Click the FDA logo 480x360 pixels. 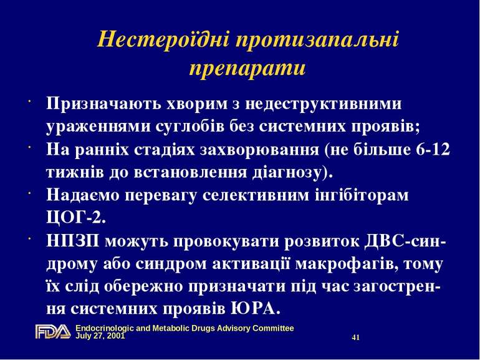point(53,332)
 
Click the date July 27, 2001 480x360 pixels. point(100,335)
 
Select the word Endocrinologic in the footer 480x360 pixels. point(102,328)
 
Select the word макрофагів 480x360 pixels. point(353,263)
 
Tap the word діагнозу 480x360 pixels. point(292,171)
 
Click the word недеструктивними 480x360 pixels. point(334,103)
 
